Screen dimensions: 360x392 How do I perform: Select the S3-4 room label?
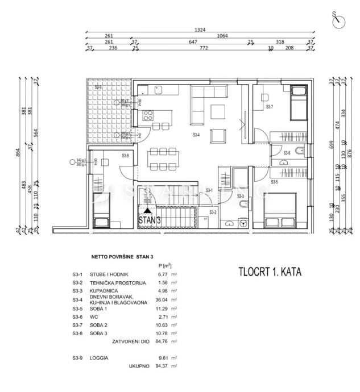coord(196,135)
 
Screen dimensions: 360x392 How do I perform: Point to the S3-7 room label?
coord(270,107)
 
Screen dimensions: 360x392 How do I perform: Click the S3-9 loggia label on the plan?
coord(98,87)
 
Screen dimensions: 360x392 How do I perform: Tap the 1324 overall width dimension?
coord(198,30)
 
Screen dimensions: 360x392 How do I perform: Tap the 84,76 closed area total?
coord(162,342)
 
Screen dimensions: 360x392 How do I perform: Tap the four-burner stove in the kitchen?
coord(148,115)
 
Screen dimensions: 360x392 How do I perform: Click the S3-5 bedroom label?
coord(274,182)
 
